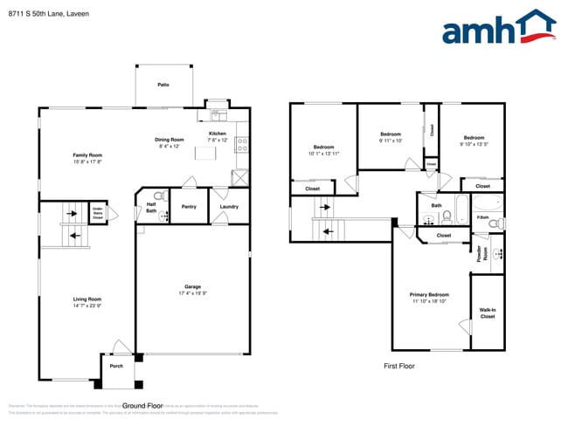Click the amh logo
pyautogui.click(x=498, y=28)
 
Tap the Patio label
pyautogui.click(x=163, y=85)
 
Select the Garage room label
pyautogui.click(x=192, y=286)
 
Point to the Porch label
pyautogui.click(x=116, y=365)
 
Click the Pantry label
pyautogui.click(x=188, y=207)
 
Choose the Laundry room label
pyautogui.click(x=230, y=207)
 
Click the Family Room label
pyautogui.click(x=87, y=155)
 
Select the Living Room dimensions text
pyautogui.click(x=87, y=306)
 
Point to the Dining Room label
pyautogui.click(x=170, y=140)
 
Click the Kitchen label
pyautogui.click(x=217, y=134)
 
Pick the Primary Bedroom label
pyautogui.click(x=429, y=294)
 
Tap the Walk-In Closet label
pyautogui.click(x=487, y=313)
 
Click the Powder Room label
pyautogui.click(x=480, y=253)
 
